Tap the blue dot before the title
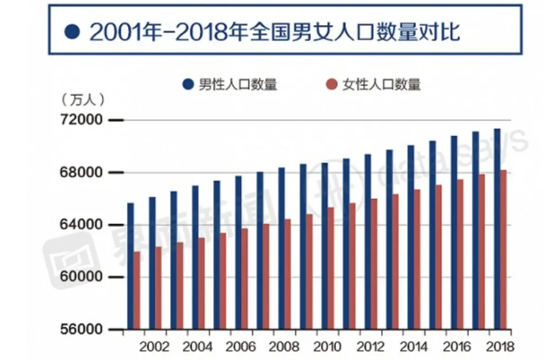pyautogui.click(x=71, y=32)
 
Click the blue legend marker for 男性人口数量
pyautogui.click(x=189, y=84)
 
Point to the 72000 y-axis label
pyautogui.click(x=82, y=120)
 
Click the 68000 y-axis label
pyautogui.click(x=82, y=173)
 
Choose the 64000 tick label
pyautogui.click(x=82, y=225)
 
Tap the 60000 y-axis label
pyautogui.click(x=82, y=277)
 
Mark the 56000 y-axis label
pyautogui.click(x=82, y=330)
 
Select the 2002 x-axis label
pyautogui.click(x=152, y=346)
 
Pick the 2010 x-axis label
pyautogui.click(x=325, y=346)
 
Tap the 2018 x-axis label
pyautogui.click(x=500, y=346)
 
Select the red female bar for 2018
pyautogui.click(x=504, y=250)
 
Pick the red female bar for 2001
pyautogui.click(x=137, y=290)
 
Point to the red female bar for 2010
pyautogui.click(x=331, y=268)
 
